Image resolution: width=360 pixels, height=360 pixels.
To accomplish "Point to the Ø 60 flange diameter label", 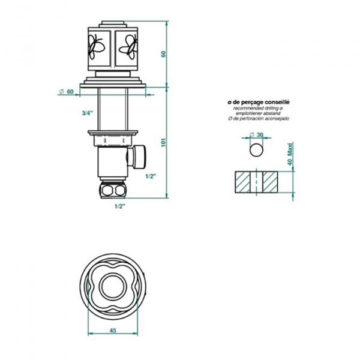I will pos(66,91).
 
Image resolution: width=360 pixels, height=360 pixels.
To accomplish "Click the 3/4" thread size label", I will pos(87,112).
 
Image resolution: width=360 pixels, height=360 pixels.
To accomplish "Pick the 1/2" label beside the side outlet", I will pos(151,176).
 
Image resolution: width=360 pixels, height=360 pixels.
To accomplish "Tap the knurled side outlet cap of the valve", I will pos(140,157).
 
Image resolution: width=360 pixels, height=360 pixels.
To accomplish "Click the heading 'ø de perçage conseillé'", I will pos(258,103).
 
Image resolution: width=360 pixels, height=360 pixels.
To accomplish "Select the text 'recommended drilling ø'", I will pos(258,109).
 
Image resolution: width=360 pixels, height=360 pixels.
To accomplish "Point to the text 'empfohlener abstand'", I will pos(258,114).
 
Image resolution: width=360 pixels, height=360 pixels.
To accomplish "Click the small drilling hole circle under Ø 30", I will pos(256,149).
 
